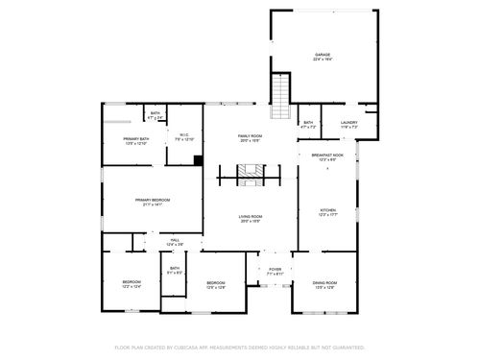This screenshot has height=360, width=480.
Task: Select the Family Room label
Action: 251,138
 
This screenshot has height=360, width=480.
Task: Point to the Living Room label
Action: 251,219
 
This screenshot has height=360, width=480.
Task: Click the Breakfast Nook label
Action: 327,156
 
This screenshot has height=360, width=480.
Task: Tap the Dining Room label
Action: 325,284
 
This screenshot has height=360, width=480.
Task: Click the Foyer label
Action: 275,272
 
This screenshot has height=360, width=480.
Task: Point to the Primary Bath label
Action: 135,141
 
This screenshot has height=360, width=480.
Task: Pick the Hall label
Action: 175,242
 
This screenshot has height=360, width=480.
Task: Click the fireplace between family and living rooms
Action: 251,176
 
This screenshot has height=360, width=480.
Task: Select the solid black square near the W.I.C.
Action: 197,160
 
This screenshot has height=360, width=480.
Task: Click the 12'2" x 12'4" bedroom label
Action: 132,284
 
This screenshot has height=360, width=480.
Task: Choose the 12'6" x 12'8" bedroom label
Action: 216,284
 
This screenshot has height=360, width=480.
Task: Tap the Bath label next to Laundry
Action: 308,124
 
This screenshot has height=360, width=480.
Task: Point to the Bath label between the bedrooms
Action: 175,271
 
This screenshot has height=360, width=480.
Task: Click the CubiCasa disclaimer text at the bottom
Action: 240,347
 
